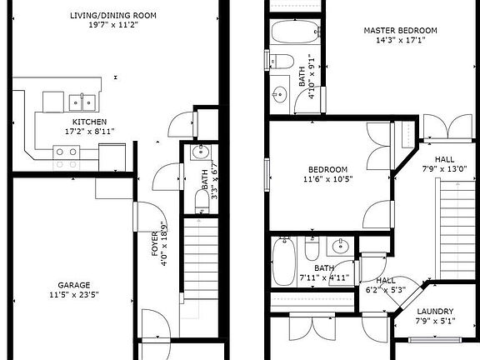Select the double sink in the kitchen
click(x=82, y=102)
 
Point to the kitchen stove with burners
click(x=66, y=152)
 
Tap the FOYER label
click(x=154, y=246)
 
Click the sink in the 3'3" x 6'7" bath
click(x=200, y=152)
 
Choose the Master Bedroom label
click(x=400, y=30)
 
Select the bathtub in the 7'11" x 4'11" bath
click(x=285, y=251)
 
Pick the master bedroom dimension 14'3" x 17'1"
click(x=400, y=40)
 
